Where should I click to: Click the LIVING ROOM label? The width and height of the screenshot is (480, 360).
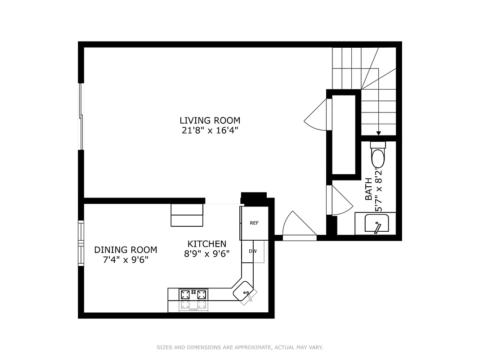click(210, 121)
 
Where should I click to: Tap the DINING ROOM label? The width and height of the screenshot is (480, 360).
click(126, 250)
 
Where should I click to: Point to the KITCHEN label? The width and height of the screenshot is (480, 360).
click(207, 244)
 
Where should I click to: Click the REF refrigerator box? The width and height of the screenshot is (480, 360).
click(254, 223)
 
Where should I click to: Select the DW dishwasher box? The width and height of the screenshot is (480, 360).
click(252, 251)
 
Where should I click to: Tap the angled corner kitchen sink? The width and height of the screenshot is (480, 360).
click(244, 292)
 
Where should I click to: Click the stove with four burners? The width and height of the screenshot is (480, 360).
click(194, 295)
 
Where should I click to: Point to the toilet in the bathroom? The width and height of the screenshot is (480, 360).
click(378, 155)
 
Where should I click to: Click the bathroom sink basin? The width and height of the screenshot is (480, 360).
click(376, 224)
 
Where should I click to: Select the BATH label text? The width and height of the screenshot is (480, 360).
click(368, 189)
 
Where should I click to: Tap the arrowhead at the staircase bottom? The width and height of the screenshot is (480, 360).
click(378, 133)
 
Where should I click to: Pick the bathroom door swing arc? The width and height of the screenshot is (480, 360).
click(340, 200)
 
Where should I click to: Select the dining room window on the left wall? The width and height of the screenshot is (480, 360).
click(81, 243)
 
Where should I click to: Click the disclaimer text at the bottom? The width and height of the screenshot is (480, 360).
click(240, 347)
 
